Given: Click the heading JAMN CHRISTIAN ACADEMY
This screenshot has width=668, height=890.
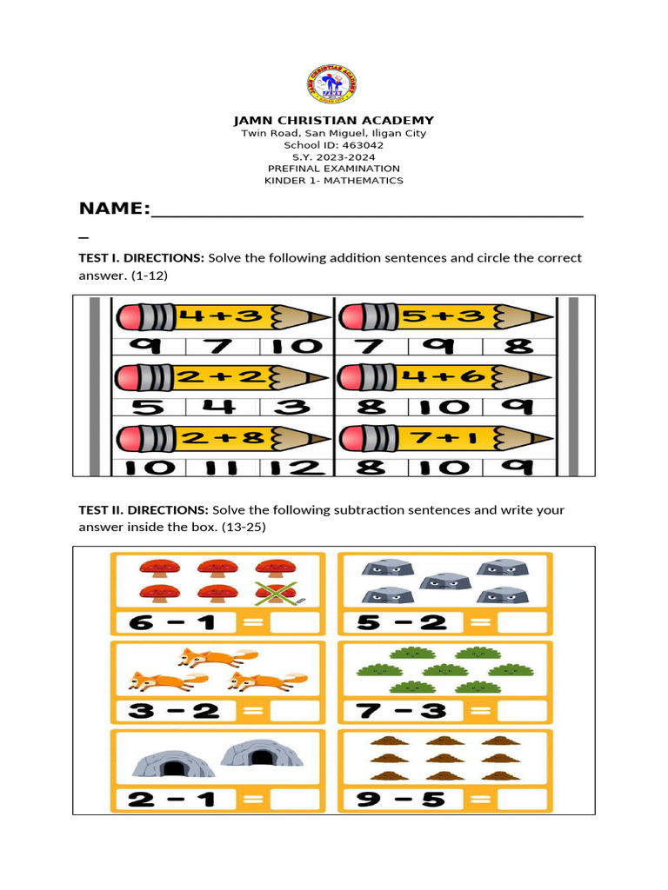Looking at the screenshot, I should [x=334, y=120].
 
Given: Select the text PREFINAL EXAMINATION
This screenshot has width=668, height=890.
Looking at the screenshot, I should [x=334, y=169].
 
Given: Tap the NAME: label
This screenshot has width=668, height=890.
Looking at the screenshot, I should [x=114, y=209].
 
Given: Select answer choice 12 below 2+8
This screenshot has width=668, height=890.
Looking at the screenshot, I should [x=297, y=467].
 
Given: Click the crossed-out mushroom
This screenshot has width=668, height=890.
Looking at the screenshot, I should [x=276, y=594].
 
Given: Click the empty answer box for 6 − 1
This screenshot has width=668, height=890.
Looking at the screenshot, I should [x=295, y=622].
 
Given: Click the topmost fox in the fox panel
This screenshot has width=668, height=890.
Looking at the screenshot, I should [x=204, y=657].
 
